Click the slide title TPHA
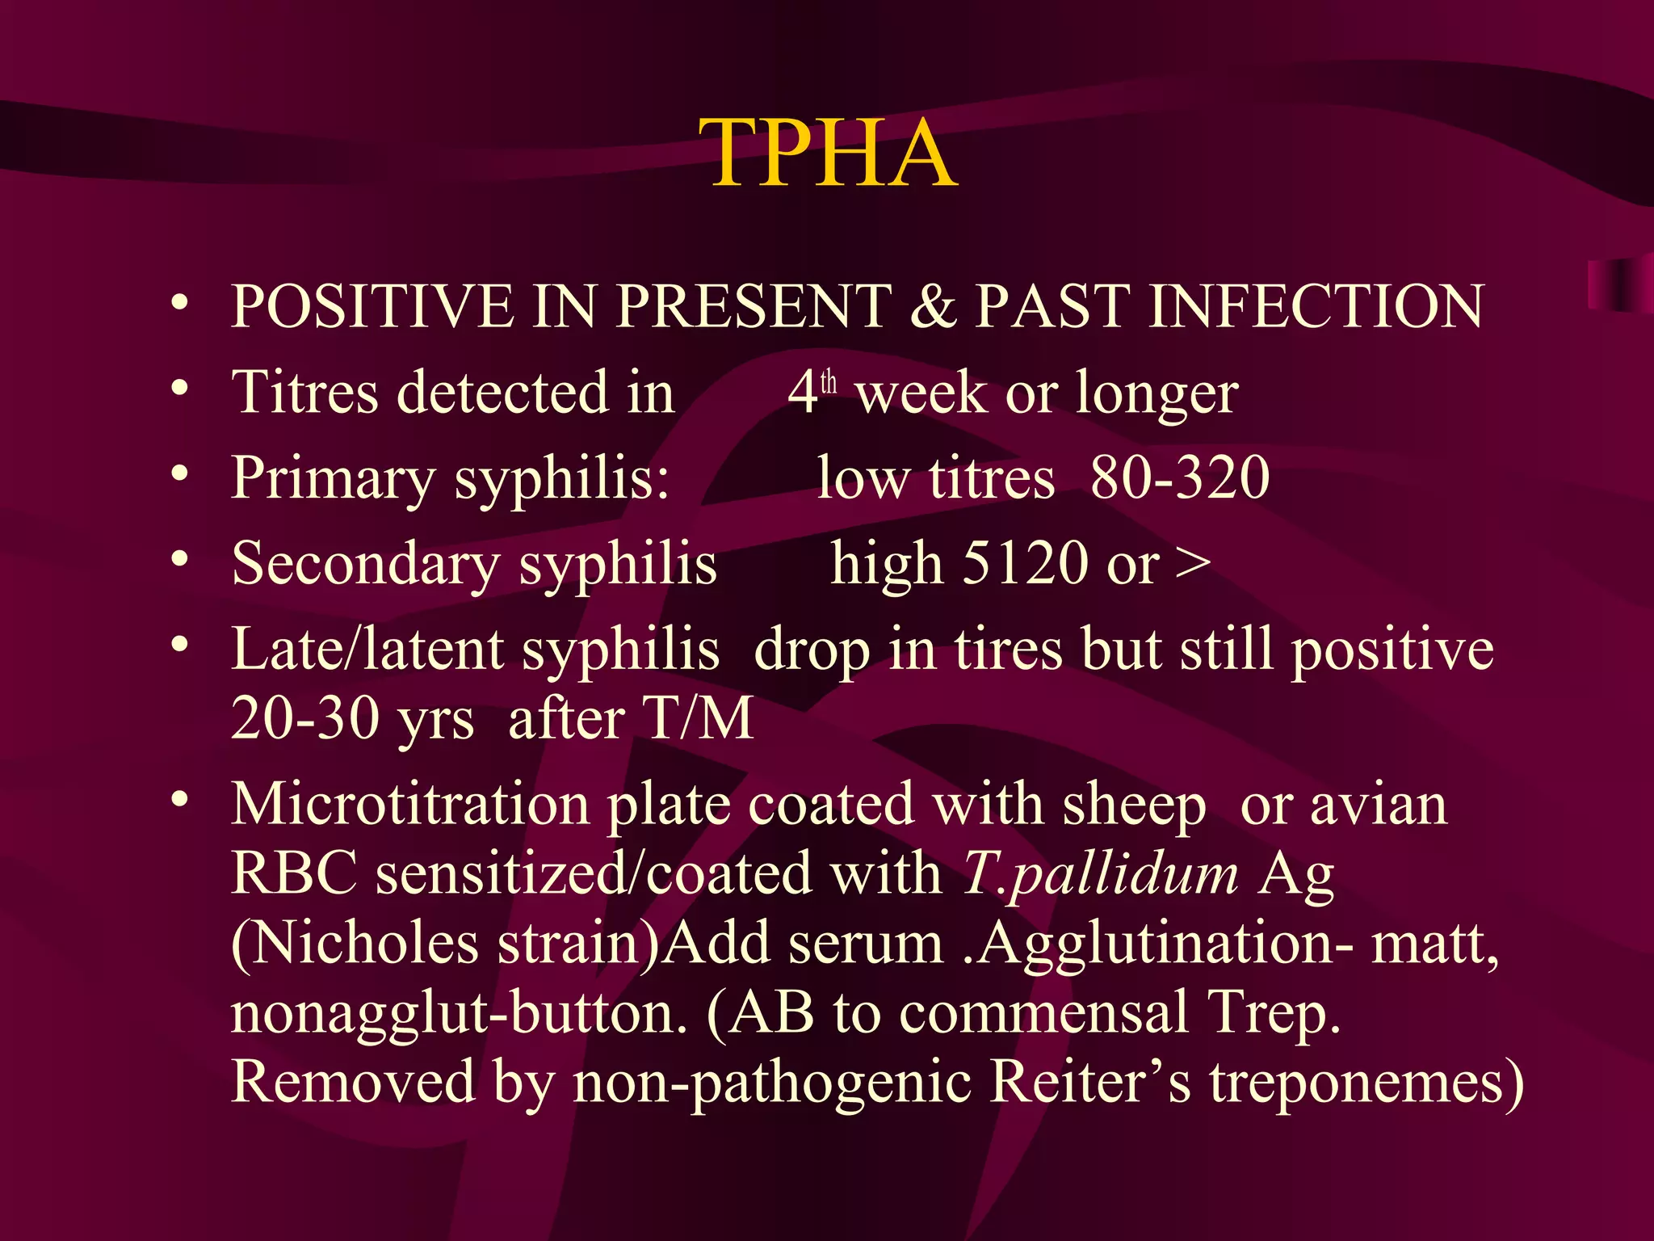point(832,154)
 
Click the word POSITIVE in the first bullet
point(372,306)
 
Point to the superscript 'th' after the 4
point(829,382)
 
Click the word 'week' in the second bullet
point(921,394)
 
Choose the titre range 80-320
point(1180,477)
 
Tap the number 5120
point(1026,563)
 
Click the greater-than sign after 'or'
point(1193,563)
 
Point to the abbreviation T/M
point(698,718)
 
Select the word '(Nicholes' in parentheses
point(355,944)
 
